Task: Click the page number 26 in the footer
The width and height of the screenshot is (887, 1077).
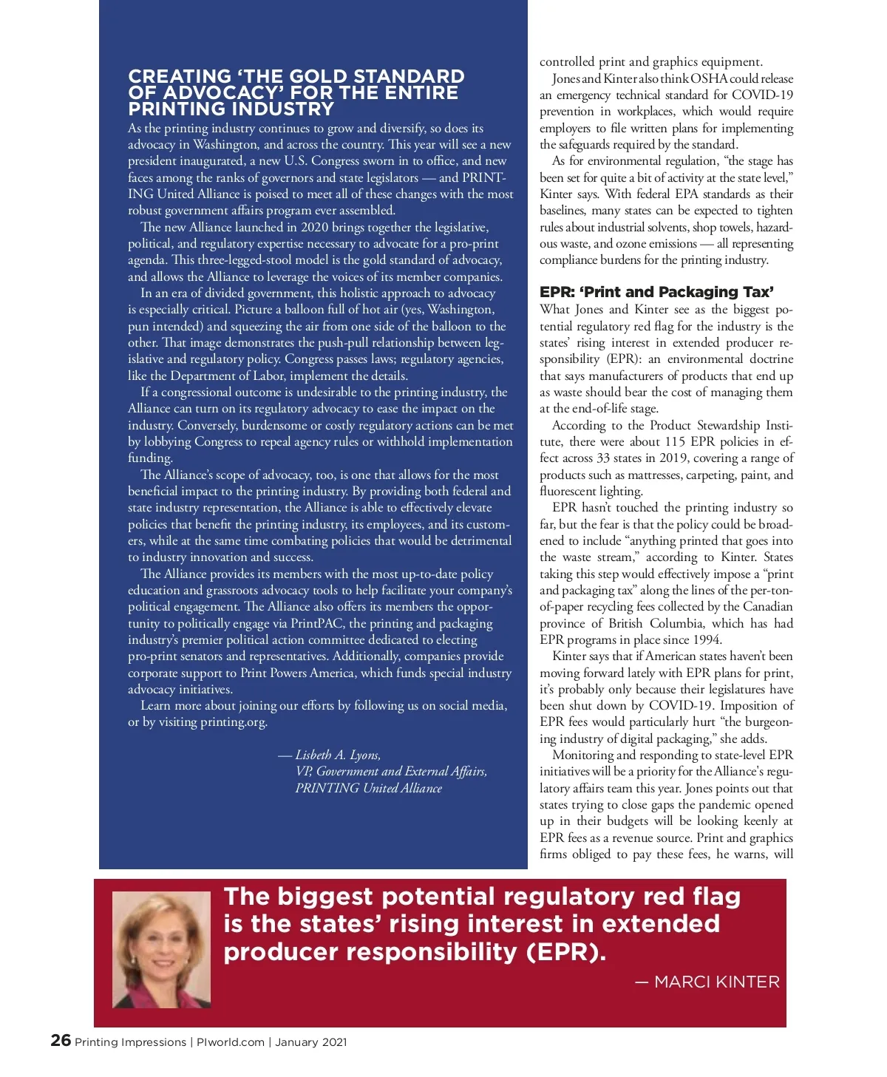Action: pyautogui.click(x=61, y=1041)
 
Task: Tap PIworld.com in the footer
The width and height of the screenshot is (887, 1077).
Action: pyautogui.click(x=230, y=1042)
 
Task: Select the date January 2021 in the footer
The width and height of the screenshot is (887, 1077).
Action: pyautogui.click(x=310, y=1042)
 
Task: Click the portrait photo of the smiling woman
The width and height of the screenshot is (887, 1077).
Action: pyautogui.click(x=161, y=949)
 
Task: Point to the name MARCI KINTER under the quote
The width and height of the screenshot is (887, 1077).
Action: pyautogui.click(x=716, y=982)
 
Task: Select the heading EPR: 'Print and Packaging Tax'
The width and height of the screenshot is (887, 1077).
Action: pyautogui.click(x=656, y=292)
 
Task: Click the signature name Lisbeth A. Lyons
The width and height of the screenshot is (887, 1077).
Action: pyautogui.click(x=338, y=755)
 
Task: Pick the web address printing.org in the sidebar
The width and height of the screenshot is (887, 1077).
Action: pyautogui.click(x=233, y=722)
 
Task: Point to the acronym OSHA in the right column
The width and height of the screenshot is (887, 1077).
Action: pyautogui.click(x=710, y=78)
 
